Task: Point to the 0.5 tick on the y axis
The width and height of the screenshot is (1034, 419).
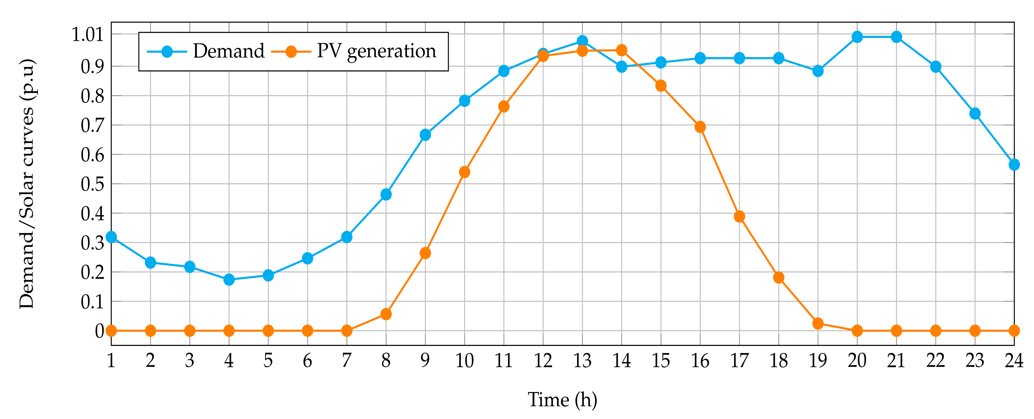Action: (x=92, y=184)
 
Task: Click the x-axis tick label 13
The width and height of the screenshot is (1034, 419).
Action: (x=582, y=361)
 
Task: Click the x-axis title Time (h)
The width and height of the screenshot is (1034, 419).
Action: (x=562, y=400)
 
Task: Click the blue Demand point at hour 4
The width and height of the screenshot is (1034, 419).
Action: (x=229, y=279)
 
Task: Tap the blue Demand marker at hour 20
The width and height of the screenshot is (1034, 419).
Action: (x=857, y=37)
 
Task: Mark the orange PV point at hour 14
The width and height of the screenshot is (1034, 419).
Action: (x=622, y=50)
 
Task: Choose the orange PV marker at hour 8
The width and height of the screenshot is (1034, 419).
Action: (x=386, y=314)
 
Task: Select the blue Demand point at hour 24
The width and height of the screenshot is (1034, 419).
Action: (x=1014, y=164)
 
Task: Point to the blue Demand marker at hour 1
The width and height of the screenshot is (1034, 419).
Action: (x=111, y=237)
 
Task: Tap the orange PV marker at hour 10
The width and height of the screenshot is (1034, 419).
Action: (x=465, y=172)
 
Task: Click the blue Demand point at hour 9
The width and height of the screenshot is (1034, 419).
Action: (x=425, y=135)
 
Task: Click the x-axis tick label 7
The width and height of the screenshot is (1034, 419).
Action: (x=347, y=361)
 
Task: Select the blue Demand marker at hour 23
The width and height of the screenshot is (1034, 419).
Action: (x=975, y=114)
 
